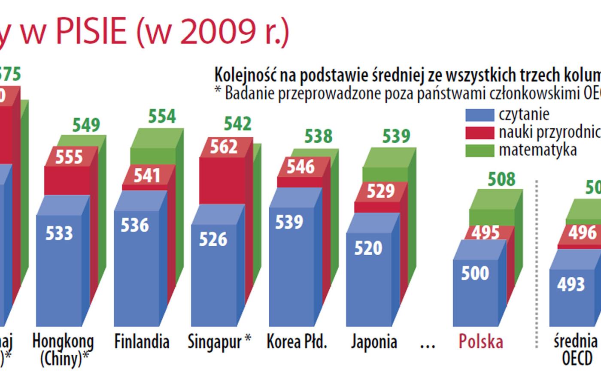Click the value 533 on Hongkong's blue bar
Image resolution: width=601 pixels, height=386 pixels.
coord(59,233)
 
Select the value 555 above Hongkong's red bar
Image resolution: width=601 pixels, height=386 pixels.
coord(69,157)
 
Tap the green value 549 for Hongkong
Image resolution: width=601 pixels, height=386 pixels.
coord(86,125)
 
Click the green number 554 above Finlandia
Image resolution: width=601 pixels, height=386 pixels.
coord(162,116)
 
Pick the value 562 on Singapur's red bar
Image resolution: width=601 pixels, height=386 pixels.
coord(224,147)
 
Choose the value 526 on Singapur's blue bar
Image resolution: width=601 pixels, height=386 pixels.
coord(213,239)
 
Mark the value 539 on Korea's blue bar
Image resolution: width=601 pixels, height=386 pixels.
coord(289,222)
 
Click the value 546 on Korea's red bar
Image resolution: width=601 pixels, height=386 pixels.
coord(300,166)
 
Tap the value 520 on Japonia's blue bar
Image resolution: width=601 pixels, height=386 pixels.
coord(368,248)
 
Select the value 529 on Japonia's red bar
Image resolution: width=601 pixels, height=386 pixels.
coord(380,191)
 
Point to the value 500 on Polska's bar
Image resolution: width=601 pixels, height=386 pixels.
coord(475,273)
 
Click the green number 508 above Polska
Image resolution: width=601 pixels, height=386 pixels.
coord(501,179)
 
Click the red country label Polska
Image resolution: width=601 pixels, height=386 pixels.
coord(480,342)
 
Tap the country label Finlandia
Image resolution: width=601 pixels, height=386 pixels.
coord(142,342)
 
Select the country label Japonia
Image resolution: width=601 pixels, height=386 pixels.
coord(373,342)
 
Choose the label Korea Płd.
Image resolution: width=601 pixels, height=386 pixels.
coord(297,342)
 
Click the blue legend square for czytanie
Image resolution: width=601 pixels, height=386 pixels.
coord(480,115)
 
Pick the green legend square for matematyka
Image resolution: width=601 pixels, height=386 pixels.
coord(480,151)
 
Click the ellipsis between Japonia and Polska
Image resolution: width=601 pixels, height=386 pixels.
coord(427,344)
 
